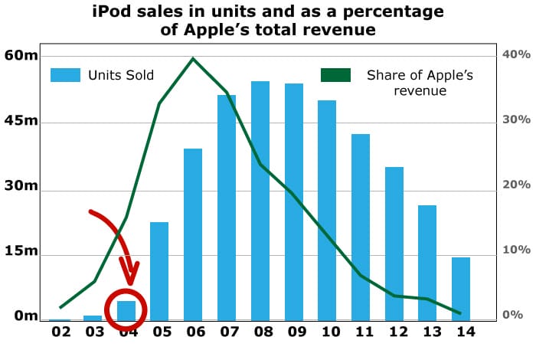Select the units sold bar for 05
click(159, 271)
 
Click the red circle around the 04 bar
click(126, 309)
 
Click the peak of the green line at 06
click(193, 58)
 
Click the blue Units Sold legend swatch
click(66, 75)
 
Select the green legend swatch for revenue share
click(335, 75)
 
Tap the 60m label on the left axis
click(21, 55)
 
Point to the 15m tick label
click(21, 251)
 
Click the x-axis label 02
click(60, 332)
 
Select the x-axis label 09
click(295, 332)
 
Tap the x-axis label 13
click(430, 332)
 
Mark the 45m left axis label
click(21, 121)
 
